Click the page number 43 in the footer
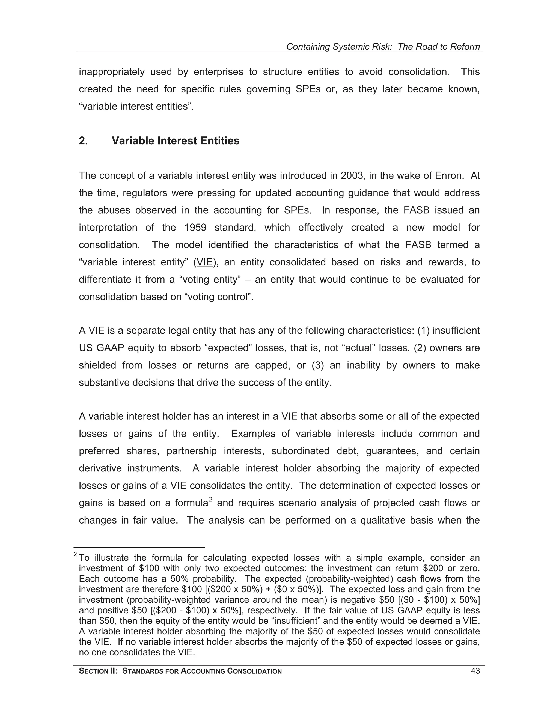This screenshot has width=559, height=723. coord(475,671)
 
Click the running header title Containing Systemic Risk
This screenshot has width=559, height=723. coord(383,47)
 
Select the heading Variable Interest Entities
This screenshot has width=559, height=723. coord(175,141)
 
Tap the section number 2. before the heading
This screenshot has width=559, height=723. coord(84,141)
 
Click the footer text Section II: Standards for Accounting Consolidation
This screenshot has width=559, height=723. coord(180,671)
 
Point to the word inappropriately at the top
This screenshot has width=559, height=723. coord(112,72)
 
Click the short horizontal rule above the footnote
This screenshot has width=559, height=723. coord(139,547)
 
